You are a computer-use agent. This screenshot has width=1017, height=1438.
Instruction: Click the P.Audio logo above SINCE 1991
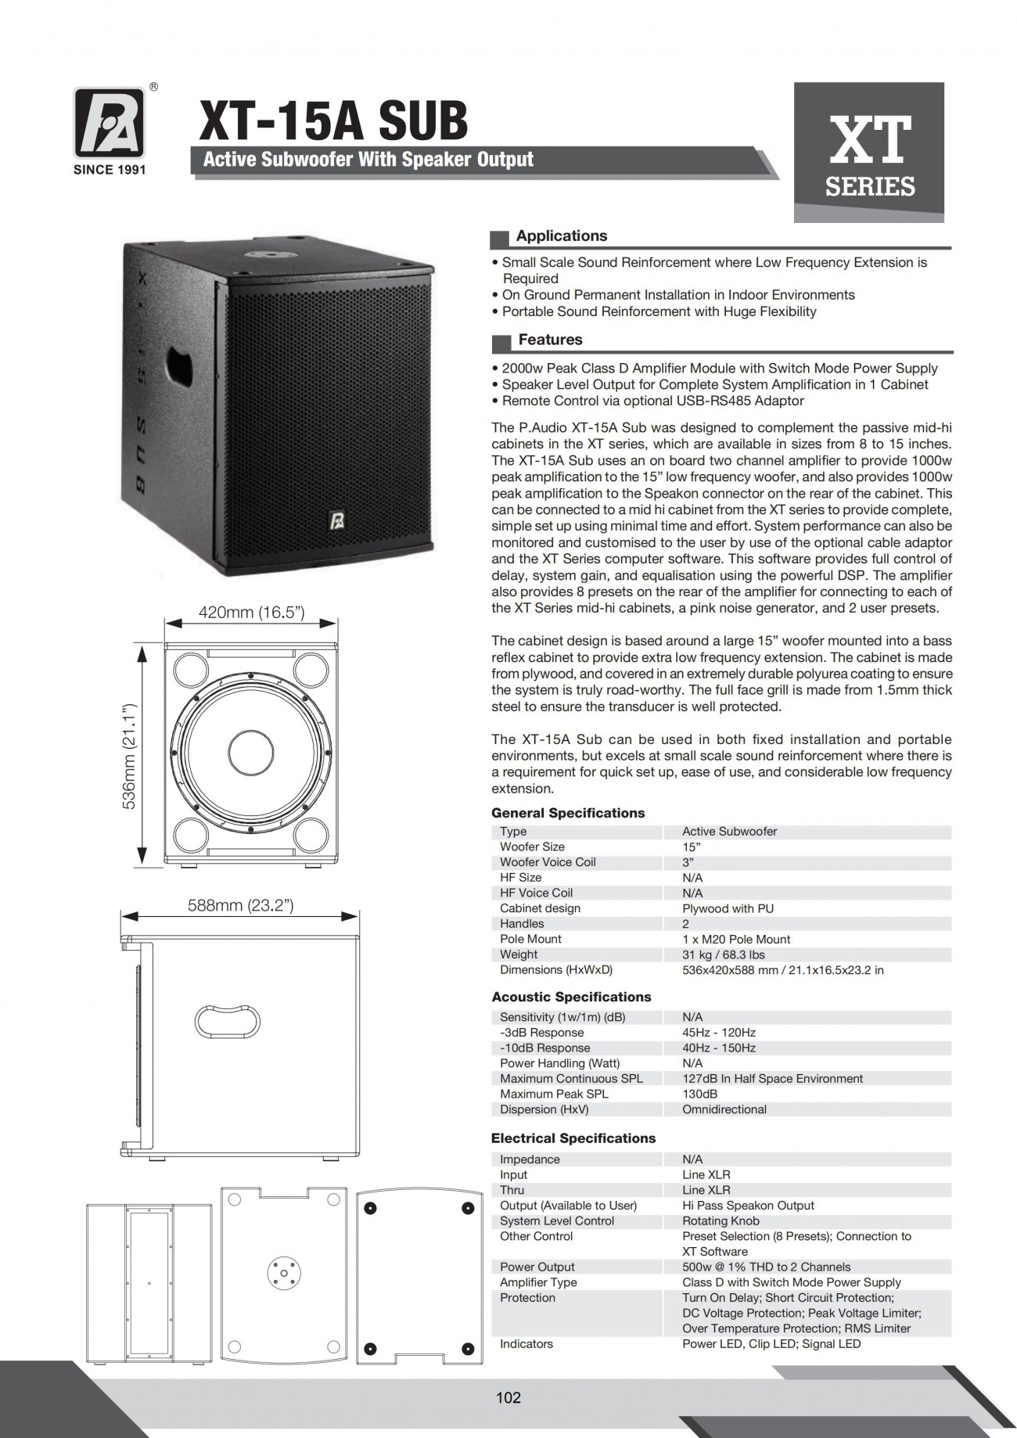[x=109, y=122]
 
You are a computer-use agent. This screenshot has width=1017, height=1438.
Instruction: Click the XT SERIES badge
[x=869, y=153]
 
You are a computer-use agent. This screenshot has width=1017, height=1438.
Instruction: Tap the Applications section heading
[x=561, y=236]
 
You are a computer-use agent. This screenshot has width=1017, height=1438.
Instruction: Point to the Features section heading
[x=550, y=340]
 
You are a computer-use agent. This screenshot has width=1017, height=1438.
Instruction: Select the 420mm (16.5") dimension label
[x=251, y=613]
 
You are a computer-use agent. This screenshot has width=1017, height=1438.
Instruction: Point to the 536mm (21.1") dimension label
[x=130, y=756]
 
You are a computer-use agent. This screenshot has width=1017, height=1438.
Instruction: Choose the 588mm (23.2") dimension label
[x=240, y=906]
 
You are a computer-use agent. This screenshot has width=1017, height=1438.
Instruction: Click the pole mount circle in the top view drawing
[x=282, y=1271]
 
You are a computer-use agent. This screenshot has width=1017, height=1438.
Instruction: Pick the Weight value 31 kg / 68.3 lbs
[x=724, y=954]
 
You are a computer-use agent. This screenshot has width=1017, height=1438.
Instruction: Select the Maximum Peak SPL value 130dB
[x=699, y=1094]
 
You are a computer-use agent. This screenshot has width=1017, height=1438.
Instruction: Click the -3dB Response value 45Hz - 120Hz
[x=719, y=1033]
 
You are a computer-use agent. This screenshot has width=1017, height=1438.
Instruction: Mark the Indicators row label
[x=526, y=1344]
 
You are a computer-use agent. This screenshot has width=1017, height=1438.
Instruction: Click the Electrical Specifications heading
[x=573, y=1138]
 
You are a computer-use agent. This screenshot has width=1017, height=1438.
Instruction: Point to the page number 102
[x=508, y=1397]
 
